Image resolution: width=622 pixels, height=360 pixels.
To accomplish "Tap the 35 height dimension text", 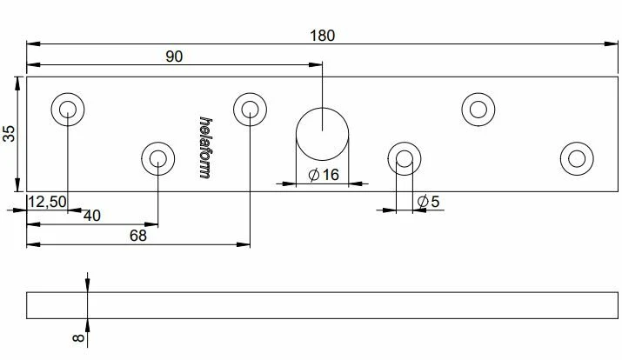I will [10, 133].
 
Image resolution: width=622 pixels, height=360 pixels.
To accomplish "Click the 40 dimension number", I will [90, 215].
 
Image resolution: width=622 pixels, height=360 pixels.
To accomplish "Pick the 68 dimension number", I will [137, 235].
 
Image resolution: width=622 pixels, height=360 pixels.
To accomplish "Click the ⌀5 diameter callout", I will [428, 202].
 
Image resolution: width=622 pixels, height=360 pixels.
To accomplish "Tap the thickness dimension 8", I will [78, 338].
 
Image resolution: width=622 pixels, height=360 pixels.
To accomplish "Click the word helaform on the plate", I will [205, 148].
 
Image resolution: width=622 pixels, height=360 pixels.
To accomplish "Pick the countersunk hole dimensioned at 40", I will [157, 159].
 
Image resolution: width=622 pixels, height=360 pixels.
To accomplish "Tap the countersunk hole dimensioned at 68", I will [250, 109].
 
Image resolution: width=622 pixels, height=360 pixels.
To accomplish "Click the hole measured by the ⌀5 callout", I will [404, 159].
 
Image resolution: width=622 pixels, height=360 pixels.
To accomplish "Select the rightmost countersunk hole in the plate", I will [576, 158].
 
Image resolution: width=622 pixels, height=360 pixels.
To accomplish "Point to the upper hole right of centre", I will [478, 109].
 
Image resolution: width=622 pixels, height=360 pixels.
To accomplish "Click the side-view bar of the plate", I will [322, 305].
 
